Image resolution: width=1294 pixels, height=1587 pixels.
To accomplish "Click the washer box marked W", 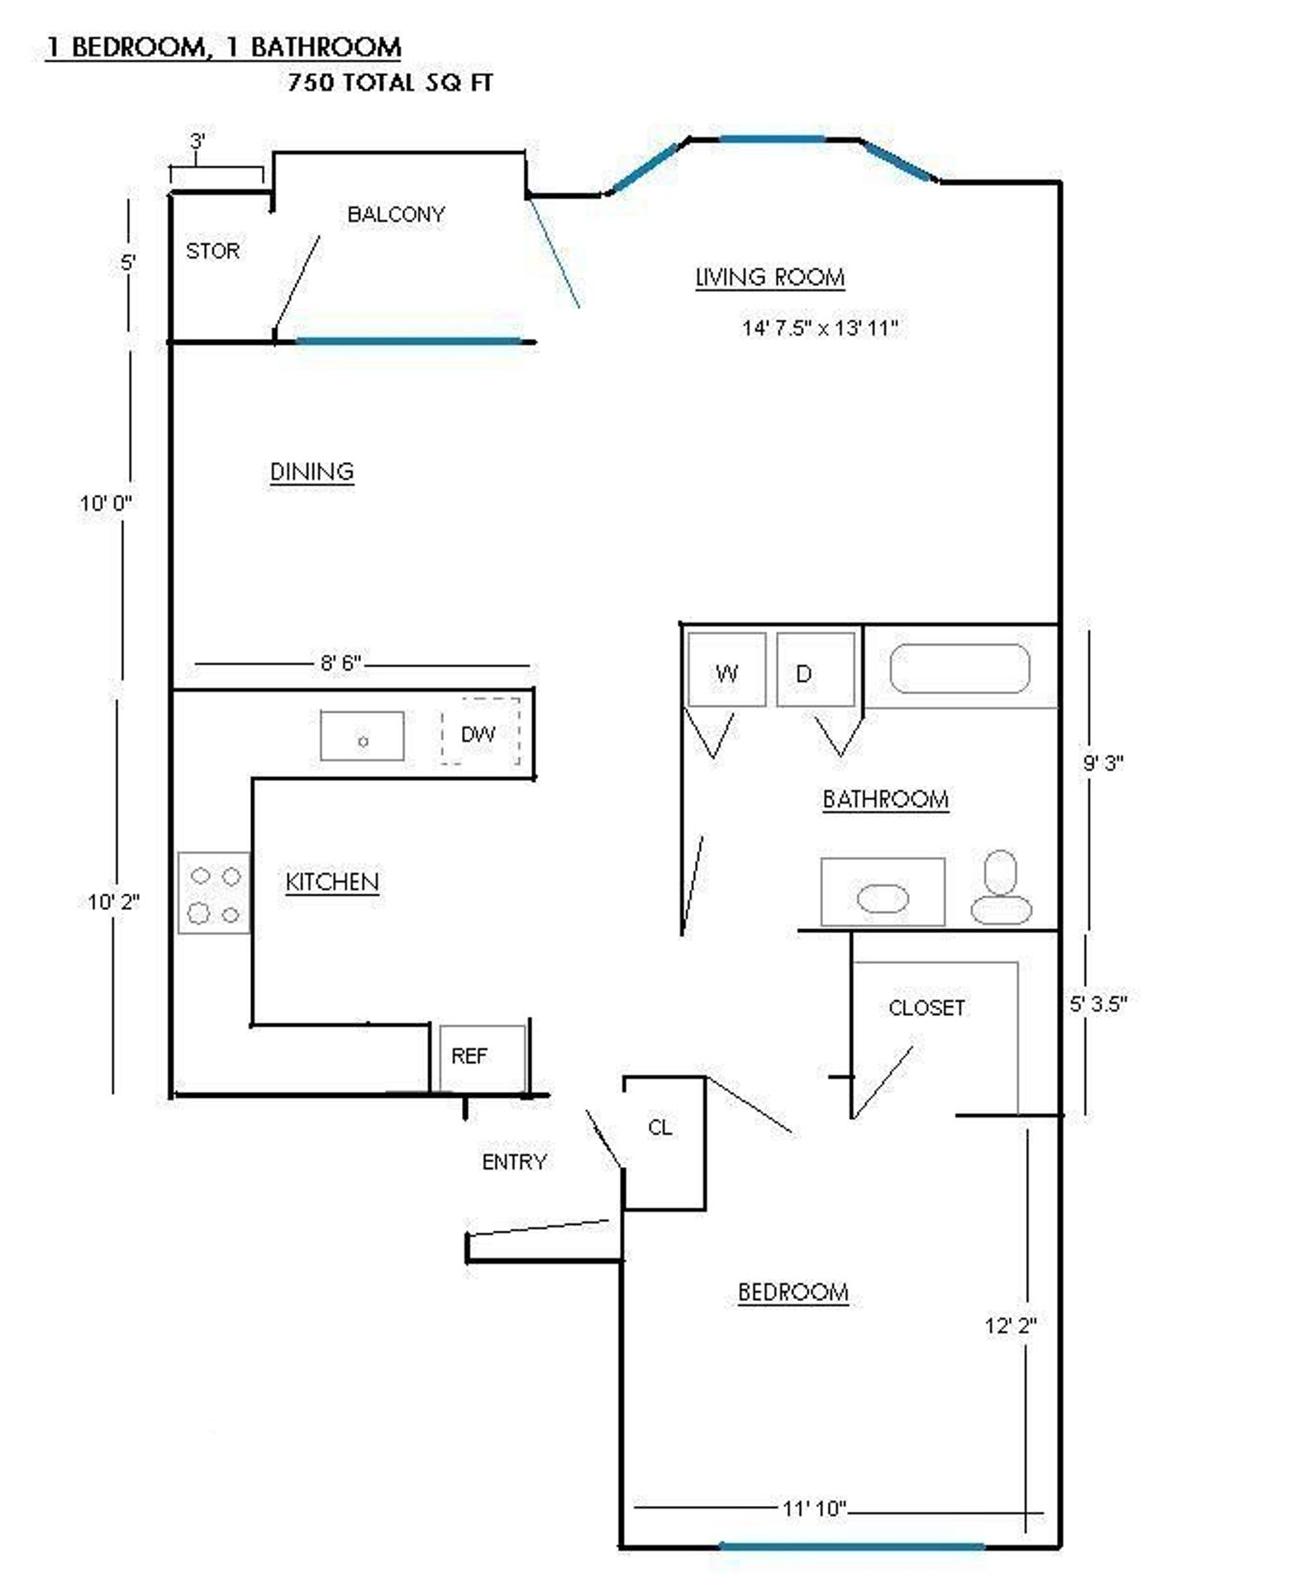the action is click(726, 669).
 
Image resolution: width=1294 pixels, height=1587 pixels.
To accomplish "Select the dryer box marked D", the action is click(816, 669).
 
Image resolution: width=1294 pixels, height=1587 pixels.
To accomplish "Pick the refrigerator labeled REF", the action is click(483, 1058).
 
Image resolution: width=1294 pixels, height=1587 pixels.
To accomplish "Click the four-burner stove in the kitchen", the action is click(214, 893).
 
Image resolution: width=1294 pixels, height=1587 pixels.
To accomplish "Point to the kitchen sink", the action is click(362, 736).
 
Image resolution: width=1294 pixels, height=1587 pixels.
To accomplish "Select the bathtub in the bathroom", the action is click(959, 668).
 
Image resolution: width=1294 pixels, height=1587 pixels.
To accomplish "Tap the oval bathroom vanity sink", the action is click(882, 898).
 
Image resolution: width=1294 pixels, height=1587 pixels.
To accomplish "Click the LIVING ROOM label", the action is click(770, 277).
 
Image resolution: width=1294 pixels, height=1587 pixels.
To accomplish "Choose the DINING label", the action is click(312, 471).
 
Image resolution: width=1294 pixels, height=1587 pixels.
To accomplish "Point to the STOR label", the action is click(212, 250).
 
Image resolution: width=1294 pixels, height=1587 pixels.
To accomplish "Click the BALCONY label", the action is click(396, 214).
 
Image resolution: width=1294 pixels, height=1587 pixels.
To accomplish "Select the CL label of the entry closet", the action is click(659, 1127).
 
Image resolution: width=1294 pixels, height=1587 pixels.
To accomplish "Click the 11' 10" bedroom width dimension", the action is click(815, 1508).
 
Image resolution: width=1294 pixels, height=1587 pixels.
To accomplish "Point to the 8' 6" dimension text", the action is click(340, 663).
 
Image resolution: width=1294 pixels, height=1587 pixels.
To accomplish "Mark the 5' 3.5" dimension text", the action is click(1098, 1003).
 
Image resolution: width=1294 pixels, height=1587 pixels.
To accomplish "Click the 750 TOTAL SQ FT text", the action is click(390, 83).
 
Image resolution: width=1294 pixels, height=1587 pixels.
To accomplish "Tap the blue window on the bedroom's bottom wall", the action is click(852, 1546).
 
